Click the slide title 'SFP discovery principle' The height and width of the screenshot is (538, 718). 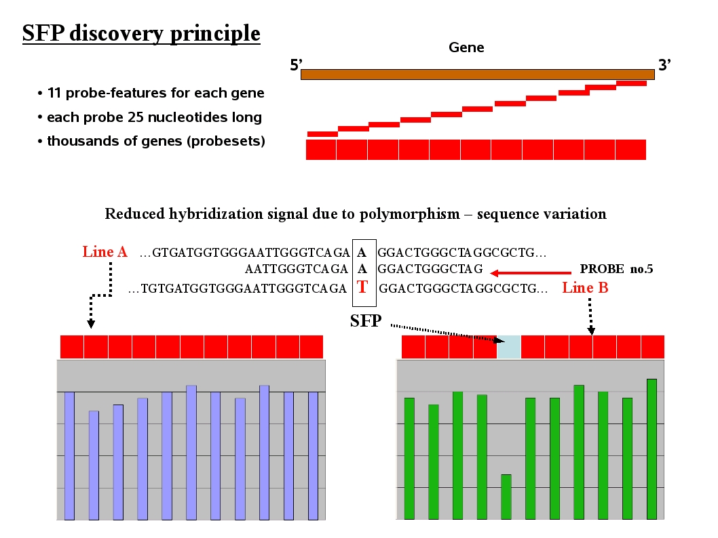(141, 33)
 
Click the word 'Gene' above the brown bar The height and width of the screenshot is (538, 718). (466, 47)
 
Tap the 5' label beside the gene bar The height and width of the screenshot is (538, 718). (296, 66)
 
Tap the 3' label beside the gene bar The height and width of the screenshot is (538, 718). (664, 66)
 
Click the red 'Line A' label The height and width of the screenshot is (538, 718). (105, 252)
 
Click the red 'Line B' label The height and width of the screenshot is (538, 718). (585, 287)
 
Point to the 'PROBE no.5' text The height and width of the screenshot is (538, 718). (616, 269)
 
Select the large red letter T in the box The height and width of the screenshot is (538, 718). (362, 287)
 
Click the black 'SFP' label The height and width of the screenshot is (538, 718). (365, 321)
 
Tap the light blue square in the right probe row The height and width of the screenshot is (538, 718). (508, 346)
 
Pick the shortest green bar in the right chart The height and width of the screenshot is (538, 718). (506, 497)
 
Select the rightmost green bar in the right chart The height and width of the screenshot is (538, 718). (651, 449)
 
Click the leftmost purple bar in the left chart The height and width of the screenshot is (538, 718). (69, 455)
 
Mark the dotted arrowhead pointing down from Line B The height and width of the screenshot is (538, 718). (591, 331)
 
